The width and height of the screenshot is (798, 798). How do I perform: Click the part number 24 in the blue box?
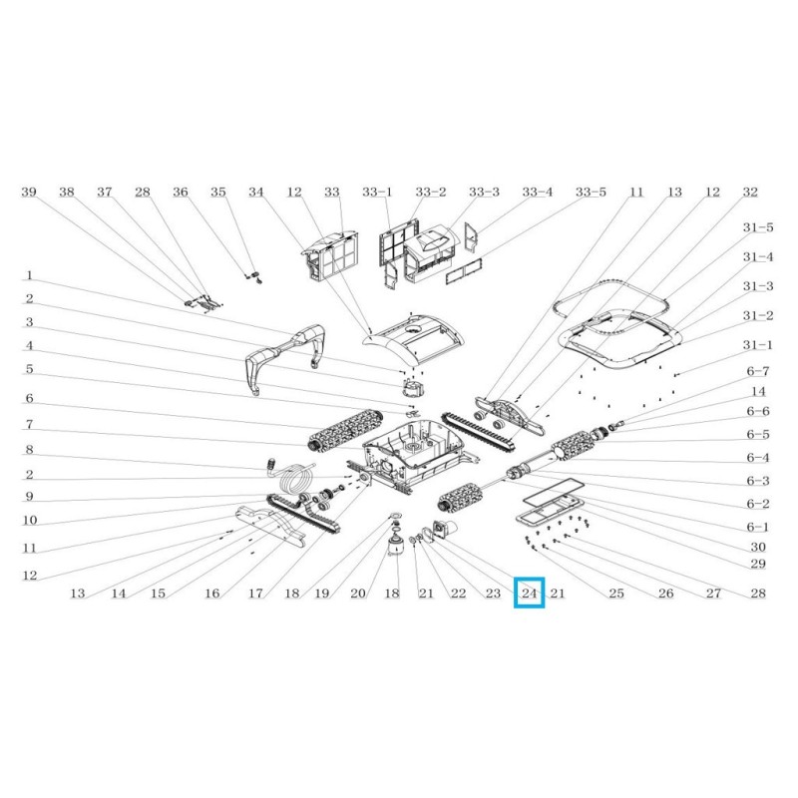point(529,594)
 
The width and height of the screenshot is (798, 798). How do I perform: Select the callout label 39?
point(29,192)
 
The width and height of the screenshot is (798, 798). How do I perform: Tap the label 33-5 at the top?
point(591,192)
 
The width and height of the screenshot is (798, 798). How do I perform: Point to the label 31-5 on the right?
point(758,228)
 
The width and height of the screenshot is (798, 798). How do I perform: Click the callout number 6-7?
point(758,372)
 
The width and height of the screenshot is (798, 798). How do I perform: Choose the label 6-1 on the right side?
point(758,527)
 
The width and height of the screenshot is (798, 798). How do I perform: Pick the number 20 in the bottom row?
point(358,594)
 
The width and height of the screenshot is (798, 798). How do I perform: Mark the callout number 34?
point(256,192)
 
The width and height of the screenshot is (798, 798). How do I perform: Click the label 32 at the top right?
point(750,192)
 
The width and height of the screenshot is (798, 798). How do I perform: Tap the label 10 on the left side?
point(29,521)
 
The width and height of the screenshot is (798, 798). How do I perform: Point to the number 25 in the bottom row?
point(616,594)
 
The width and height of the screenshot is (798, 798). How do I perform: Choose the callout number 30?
point(758,546)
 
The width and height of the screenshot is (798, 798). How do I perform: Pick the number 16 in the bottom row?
point(211,594)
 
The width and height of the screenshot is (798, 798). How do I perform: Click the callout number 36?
point(180,192)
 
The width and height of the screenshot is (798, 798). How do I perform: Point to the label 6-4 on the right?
point(758,458)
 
